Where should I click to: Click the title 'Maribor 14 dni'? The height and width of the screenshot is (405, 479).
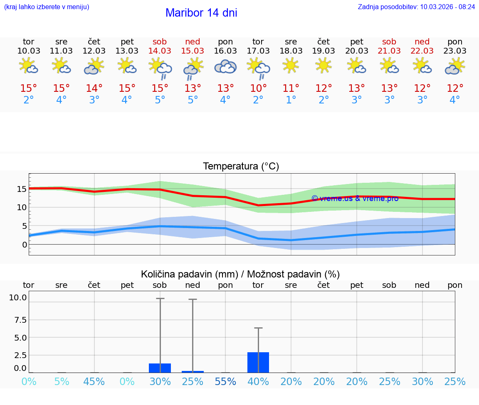click(x=201, y=13)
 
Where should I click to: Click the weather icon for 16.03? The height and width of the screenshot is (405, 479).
click(x=225, y=66)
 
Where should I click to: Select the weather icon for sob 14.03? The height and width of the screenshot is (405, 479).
click(x=160, y=68)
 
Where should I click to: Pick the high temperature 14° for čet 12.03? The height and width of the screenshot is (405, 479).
click(x=94, y=88)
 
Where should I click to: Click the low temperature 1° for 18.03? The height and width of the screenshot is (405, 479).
click(x=291, y=100)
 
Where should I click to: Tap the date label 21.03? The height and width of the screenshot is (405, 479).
click(x=389, y=51)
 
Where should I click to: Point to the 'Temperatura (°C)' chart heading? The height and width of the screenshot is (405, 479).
click(x=241, y=167)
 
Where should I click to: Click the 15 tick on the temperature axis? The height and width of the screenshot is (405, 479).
click(x=22, y=189)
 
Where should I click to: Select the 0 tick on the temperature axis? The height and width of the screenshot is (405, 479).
click(x=25, y=245)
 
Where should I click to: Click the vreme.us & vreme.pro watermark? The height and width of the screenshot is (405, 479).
click(x=355, y=199)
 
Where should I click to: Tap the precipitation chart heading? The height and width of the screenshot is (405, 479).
click(x=240, y=274)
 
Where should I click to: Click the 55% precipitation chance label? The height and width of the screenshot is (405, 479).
click(x=225, y=381)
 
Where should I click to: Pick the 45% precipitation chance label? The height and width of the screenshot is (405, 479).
click(x=94, y=381)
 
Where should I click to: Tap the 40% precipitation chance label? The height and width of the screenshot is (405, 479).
click(x=258, y=381)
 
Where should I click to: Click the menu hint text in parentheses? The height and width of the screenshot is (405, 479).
click(x=46, y=7)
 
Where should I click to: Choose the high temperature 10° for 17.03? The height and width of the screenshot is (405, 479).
click(x=258, y=88)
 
